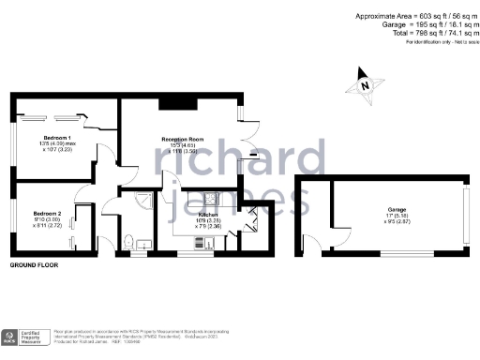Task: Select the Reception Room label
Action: [x=182, y=140]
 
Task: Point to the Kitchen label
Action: [x=208, y=215]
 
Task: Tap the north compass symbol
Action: [x=363, y=83]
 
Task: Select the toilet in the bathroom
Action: [x=128, y=244]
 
